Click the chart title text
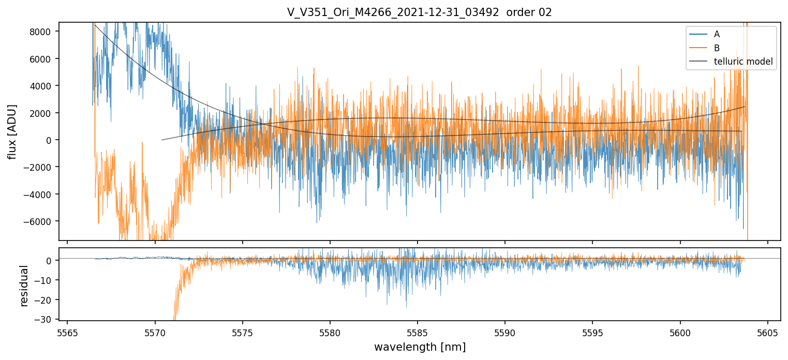pos(420,12)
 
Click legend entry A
pos(717,34)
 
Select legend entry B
pos(717,48)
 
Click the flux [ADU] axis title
pos(12,131)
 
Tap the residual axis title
pos(24,286)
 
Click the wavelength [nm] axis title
pos(420,347)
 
